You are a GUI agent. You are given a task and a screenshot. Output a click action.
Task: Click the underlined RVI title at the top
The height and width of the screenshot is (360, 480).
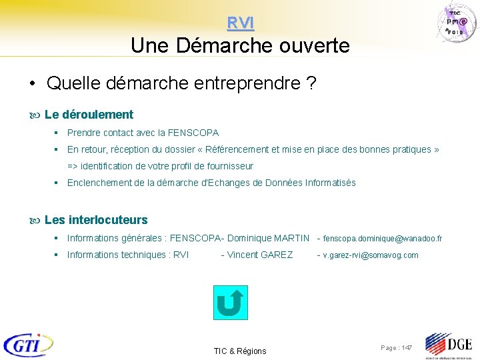click(240, 23)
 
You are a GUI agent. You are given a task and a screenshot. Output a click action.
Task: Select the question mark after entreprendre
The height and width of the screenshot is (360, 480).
click(311, 84)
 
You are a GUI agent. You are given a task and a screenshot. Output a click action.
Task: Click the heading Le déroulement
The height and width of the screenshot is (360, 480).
click(89, 115)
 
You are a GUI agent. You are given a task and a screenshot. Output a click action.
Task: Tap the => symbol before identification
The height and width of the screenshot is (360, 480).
click(72, 166)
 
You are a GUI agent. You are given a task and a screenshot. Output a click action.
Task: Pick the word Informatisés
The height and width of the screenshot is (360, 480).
click(331, 183)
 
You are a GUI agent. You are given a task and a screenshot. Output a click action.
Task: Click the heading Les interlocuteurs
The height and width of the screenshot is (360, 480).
click(96, 220)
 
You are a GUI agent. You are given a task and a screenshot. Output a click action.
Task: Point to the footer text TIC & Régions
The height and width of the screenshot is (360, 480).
click(240, 351)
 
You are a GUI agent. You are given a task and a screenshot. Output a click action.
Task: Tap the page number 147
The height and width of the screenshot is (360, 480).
click(407, 348)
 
